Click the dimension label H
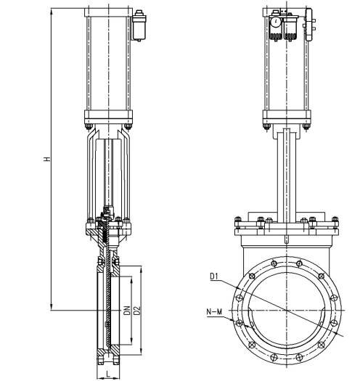pos(47,159)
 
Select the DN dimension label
pos(127,311)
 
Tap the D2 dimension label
pos(137,311)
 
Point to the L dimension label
pos(108,374)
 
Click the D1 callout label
pos(214,276)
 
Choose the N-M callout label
pos(214,311)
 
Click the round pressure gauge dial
pos(276,22)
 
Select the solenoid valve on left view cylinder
pos(139,25)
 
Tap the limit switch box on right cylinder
pos(309,24)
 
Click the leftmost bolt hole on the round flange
pos(240,323)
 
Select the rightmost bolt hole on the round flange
pos(335,323)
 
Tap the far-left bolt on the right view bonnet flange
pos(238,223)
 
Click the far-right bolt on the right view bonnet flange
pos(335,223)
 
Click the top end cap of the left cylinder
pos(108,12)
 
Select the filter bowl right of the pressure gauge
pos(290,28)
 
